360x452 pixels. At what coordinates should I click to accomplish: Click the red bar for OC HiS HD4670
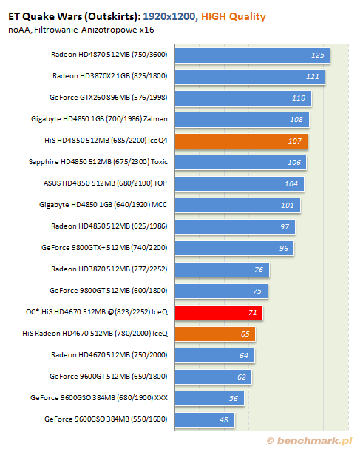pos(219,312)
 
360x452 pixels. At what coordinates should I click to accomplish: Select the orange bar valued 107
pos(241,141)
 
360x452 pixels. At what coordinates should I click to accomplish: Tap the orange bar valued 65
pos(215,334)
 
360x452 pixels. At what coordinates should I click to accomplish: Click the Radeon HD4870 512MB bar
pos(252,55)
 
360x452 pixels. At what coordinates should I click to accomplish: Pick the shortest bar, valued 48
pos(205,419)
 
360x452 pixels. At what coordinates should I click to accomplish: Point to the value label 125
pos(318,55)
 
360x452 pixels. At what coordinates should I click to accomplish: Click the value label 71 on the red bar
pos(252,312)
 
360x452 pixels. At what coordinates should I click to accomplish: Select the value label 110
pos(299,98)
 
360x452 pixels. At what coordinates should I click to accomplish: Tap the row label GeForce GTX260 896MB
pos(108,98)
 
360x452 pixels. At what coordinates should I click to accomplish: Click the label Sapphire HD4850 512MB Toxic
pos(98,162)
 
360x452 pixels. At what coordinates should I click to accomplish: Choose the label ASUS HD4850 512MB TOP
pos(105,183)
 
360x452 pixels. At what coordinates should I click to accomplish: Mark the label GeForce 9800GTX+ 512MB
pos(104,248)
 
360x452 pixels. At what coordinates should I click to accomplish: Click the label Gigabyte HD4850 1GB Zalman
pos(99,119)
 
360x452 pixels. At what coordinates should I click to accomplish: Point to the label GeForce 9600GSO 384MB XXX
pos(99,398)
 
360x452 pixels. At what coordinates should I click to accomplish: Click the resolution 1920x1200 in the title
pos(169,16)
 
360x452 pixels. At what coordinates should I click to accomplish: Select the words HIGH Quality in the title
pos(234,17)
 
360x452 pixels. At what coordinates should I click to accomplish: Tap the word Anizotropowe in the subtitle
pos(109,30)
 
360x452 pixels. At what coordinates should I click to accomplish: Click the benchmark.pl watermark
pos(310,441)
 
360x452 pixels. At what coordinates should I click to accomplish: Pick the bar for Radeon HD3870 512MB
pos(222,269)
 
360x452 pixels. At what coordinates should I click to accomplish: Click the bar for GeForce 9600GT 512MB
pos(213,377)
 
